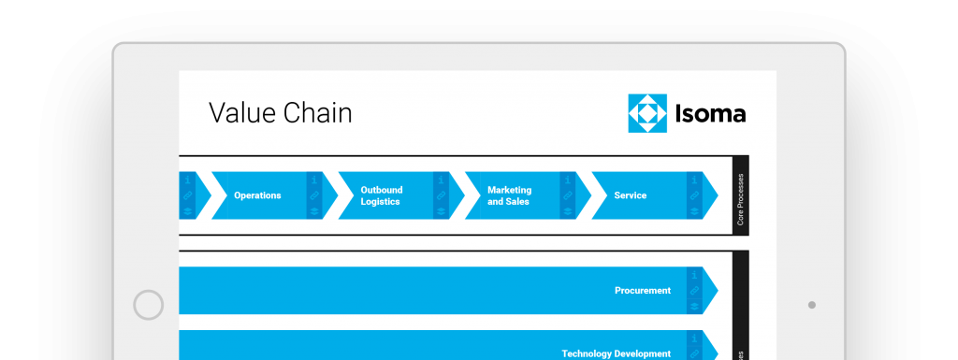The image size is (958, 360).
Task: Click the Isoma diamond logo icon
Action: click(647, 114)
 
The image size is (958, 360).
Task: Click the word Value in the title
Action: click(239, 114)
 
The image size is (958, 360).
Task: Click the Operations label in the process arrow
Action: click(257, 195)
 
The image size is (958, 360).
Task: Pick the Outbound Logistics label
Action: click(380, 195)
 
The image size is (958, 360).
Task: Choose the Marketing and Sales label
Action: click(509, 195)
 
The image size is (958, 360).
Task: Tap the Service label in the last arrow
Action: click(630, 195)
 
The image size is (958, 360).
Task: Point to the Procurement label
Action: click(643, 291)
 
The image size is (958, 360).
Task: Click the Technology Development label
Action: click(616, 353)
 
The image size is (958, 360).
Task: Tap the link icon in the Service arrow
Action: click(694, 195)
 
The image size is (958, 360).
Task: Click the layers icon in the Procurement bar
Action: click(694, 306)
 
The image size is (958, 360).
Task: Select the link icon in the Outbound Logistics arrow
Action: click(441, 195)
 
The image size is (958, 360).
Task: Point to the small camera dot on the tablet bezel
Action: click(811, 305)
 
